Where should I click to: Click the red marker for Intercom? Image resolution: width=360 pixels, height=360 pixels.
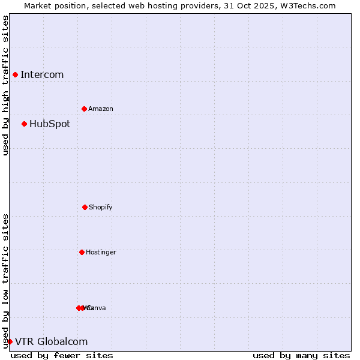coord(15,74)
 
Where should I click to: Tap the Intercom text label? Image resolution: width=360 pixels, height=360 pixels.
coord(42,75)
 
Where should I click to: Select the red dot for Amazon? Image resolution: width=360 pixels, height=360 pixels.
coord(84,109)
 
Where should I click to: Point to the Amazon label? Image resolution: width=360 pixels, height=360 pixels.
coord(101,109)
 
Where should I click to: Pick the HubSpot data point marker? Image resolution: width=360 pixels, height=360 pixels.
coord(24,124)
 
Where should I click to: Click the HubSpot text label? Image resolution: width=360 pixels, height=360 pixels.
coord(50,124)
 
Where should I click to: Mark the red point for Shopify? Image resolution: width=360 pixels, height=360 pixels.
coord(85,207)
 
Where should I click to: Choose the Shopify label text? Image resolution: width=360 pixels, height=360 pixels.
coord(101,208)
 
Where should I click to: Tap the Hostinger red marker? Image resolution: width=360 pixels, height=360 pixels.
coord(82,252)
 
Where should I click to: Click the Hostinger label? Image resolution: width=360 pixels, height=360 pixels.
coord(101,253)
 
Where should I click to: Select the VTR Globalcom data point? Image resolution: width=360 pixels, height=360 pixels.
coord(10,341)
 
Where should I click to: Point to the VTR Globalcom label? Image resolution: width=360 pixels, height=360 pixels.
coord(52,342)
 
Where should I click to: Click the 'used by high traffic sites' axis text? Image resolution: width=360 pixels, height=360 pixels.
coord(5,85)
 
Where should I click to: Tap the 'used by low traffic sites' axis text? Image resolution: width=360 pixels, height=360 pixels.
coord(5,281)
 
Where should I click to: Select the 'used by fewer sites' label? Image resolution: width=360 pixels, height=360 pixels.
coord(62,355)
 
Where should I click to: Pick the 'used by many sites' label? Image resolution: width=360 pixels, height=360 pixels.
coord(301,355)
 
